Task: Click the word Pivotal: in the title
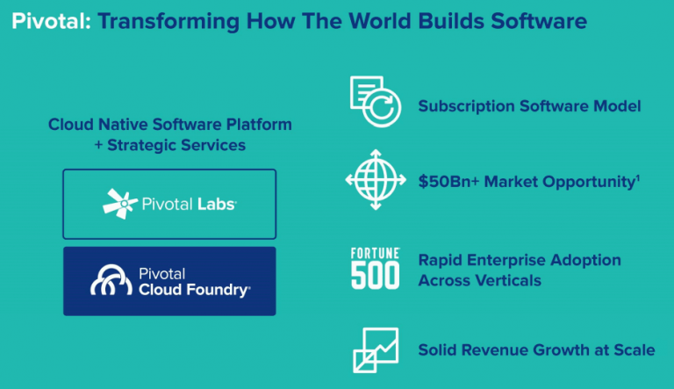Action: [48, 20]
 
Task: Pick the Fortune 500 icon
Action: [375, 269]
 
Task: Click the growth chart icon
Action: [375, 350]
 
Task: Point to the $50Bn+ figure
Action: [449, 182]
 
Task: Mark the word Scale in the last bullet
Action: [634, 350]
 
